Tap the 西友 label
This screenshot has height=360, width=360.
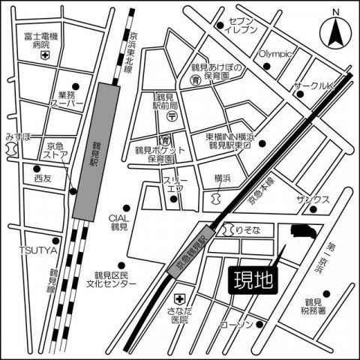tap(42, 179)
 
